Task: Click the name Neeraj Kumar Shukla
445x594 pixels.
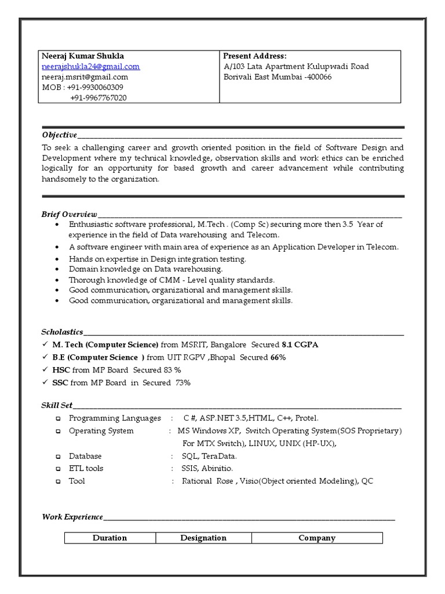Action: point(82,56)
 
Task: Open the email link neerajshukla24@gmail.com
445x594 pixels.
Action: point(90,67)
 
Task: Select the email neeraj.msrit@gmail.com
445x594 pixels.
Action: point(85,77)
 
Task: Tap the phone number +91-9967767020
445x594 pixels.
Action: point(98,98)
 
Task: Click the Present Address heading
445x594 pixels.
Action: point(255,56)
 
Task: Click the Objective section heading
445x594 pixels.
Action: point(59,135)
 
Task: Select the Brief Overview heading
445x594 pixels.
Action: point(69,214)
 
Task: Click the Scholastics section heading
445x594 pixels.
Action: point(62,332)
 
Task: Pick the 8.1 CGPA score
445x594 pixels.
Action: point(300,345)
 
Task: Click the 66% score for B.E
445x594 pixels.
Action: point(278,357)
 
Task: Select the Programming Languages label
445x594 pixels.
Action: point(115,418)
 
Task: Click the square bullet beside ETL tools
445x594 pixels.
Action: point(58,469)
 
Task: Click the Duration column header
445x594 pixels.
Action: point(110,538)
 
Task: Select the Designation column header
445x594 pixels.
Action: point(203,538)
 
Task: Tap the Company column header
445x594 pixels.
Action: point(317,538)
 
